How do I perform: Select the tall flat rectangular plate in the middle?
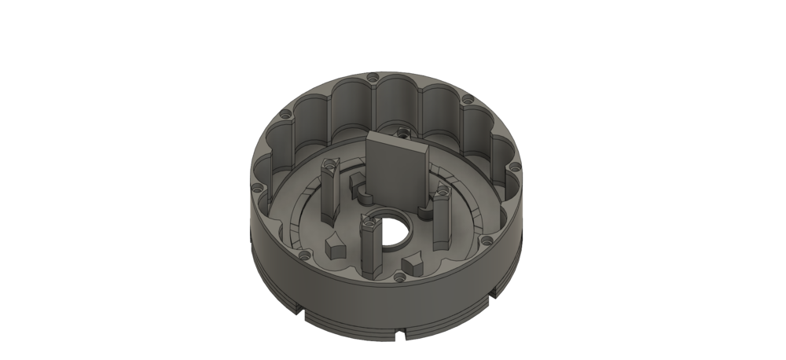[398, 169]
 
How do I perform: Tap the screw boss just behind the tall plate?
[402, 131]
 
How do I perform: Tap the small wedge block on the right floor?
[414, 263]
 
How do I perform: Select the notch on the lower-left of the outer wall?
[303, 318]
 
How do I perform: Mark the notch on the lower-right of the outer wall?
[494, 298]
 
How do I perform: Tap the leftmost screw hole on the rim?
[257, 187]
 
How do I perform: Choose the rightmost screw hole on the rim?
[516, 167]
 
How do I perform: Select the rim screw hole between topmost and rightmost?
[468, 101]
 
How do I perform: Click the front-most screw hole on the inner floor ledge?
[399, 277]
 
